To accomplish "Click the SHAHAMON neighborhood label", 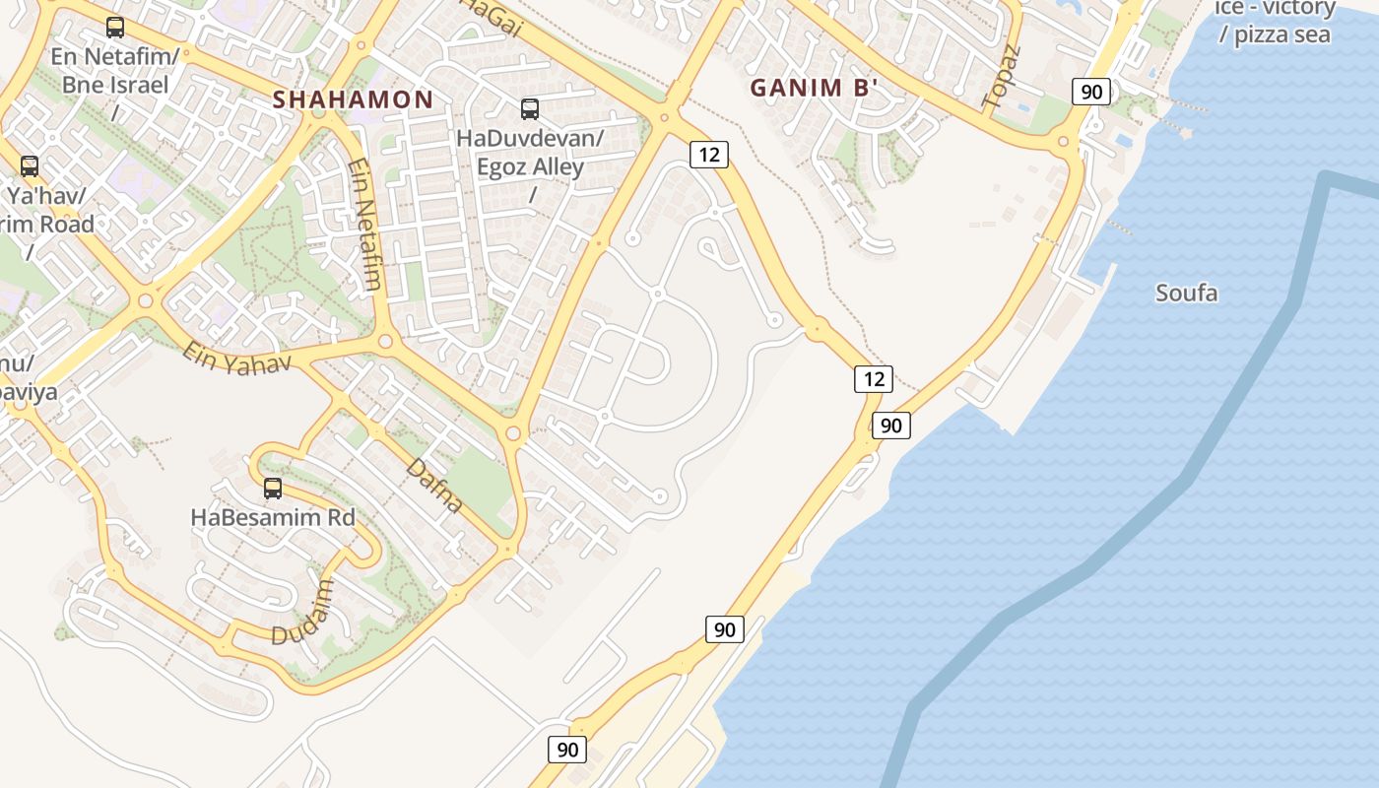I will click(353, 99).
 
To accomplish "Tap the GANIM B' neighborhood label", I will click(814, 88).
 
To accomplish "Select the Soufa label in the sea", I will click(1186, 293).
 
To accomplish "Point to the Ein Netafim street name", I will click(365, 224).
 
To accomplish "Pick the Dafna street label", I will click(434, 486).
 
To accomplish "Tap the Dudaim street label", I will click(302, 613).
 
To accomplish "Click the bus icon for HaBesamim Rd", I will click(273, 488).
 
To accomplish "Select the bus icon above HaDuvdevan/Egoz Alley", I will click(530, 109).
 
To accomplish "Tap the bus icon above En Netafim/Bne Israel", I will click(115, 28).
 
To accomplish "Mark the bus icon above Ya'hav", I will click(30, 166).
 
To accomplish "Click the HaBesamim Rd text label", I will click(273, 516).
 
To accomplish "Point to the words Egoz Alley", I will click(530, 166).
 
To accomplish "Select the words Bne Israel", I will click(115, 84).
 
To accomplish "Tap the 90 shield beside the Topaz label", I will click(1091, 93).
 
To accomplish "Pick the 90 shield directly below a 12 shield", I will click(890, 426).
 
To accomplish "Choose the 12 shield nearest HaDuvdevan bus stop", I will click(708, 154).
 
